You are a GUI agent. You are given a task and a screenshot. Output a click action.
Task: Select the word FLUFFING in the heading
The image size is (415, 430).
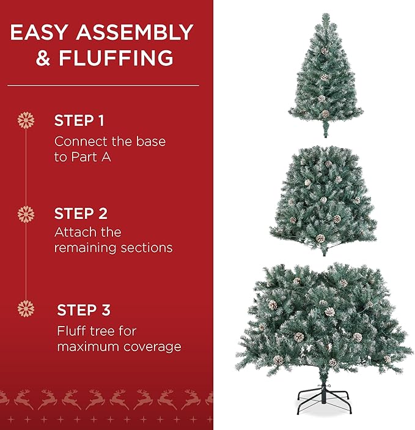(116, 59)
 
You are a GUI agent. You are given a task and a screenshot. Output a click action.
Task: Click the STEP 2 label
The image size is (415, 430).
(81, 213)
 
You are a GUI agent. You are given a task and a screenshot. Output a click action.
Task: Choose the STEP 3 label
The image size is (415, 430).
(84, 310)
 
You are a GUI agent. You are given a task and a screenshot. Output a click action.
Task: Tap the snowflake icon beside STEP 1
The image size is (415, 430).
(26, 120)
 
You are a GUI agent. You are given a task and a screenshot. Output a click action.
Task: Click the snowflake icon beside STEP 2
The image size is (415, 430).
(26, 214)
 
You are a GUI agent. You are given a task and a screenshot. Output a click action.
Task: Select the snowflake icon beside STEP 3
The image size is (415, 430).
(26, 310)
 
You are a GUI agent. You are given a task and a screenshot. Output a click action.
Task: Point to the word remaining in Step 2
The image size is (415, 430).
(79, 248)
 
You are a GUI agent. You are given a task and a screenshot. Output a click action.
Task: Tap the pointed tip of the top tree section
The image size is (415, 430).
(325, 15)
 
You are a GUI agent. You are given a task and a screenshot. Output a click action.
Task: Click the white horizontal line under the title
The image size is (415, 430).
(104, 85)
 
